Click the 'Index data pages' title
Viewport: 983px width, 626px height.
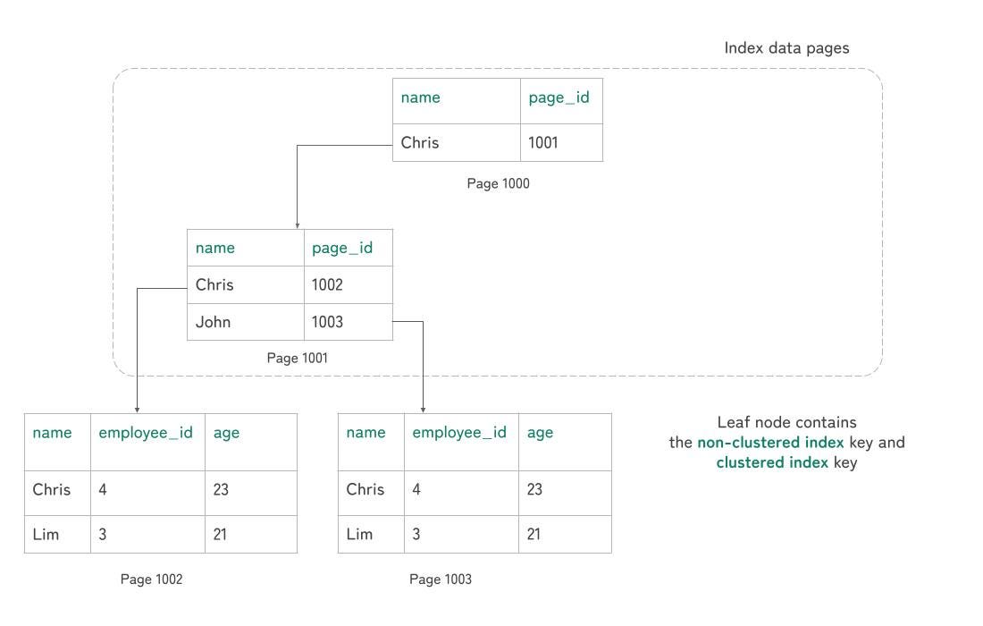click(x=786, y=48)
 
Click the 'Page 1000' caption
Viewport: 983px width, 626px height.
click(x=498, y=183)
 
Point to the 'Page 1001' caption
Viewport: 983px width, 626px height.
click(x=298, y=358)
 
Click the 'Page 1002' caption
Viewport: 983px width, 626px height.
click(x=151, y=579)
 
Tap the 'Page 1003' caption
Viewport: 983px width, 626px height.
click(x=440, y=579)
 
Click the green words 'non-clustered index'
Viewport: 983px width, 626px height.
click(x=770, y=442)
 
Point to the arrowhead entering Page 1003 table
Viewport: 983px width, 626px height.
click(x=424, y=410)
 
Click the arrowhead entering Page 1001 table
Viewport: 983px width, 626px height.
click(x=298, y=226)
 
